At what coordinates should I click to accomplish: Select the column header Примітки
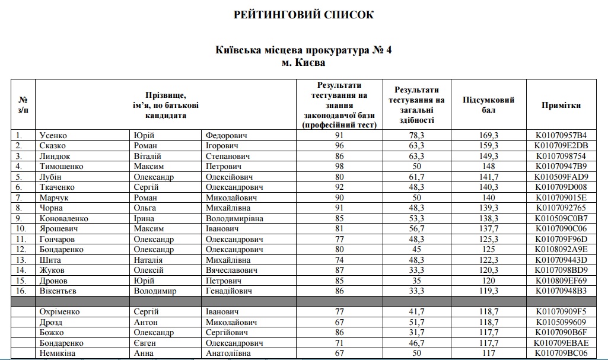coord(561,106)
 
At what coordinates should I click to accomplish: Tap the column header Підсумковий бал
coord(488,105)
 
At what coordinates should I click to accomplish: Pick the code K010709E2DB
coord(561,146)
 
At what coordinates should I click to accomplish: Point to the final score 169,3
coord(489,136)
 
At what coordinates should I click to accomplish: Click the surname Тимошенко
coord(61,167)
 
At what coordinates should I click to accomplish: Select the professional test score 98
coord(339,167)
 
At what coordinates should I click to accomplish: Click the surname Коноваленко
coord(63,218)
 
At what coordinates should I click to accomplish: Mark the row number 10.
coord(21,229)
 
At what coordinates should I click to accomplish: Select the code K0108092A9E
coord(561,249)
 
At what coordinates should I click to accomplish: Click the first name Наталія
coord(149,260)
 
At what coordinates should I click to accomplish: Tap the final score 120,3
coord(489,270)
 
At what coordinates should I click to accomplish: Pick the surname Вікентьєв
coord(59,291)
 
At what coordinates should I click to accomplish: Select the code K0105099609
coord(561,322)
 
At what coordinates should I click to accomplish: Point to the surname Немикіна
coord(58,353)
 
